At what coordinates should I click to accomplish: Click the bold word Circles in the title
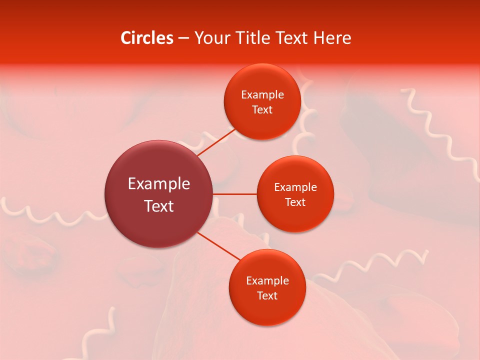click(x=147, y=38)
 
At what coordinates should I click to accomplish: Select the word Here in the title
click(x=332, y=38)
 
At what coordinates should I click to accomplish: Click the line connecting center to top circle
click(x=216, y=142)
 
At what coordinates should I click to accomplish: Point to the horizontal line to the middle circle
click(x=234, y=194)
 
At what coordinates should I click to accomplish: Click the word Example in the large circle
click(x=159, y=184)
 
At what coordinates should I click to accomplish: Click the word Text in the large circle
click(x=159, y=206)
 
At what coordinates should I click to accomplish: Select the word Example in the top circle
click(x=262, y=95)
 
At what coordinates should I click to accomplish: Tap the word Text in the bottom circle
click(x=267, y=296)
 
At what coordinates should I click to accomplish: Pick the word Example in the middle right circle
click(x=295, y=187)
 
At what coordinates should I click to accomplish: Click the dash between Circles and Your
click(x=183, y=38)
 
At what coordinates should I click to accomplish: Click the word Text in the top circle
click(x=262, y=110)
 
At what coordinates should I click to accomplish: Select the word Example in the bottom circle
click(x=267, y=281)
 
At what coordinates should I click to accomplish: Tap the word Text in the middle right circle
click(x=295, y=202)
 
